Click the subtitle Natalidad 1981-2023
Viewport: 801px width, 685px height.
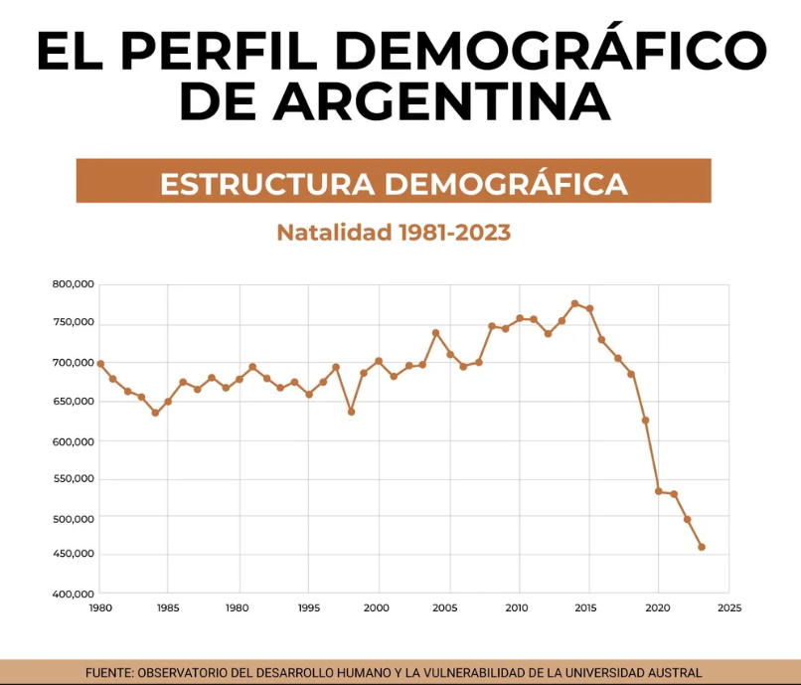pos(394,233)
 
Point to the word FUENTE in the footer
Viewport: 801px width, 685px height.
pos(111,672)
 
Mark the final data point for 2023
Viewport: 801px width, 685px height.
pos(702,547)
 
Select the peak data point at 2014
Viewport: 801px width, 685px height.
pos(575,303)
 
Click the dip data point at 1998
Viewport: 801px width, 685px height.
pos(351,412)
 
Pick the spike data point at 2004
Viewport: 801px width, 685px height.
pos(435,332)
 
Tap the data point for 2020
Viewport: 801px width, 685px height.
pos(659,491)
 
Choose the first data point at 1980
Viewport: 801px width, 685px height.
pos(100,364)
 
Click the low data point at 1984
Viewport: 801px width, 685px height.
pos(155,413)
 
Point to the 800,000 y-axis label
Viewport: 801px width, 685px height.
pos(73,284)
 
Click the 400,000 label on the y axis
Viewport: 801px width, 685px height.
pos(73,594)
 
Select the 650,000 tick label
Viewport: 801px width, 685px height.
pos(73,401)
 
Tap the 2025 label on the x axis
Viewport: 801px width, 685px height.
pos(728,607)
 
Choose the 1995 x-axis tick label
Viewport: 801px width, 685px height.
pos(309,607)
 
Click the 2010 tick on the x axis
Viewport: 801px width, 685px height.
pos(519,607)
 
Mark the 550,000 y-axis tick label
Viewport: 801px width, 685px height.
pos(73,478)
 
